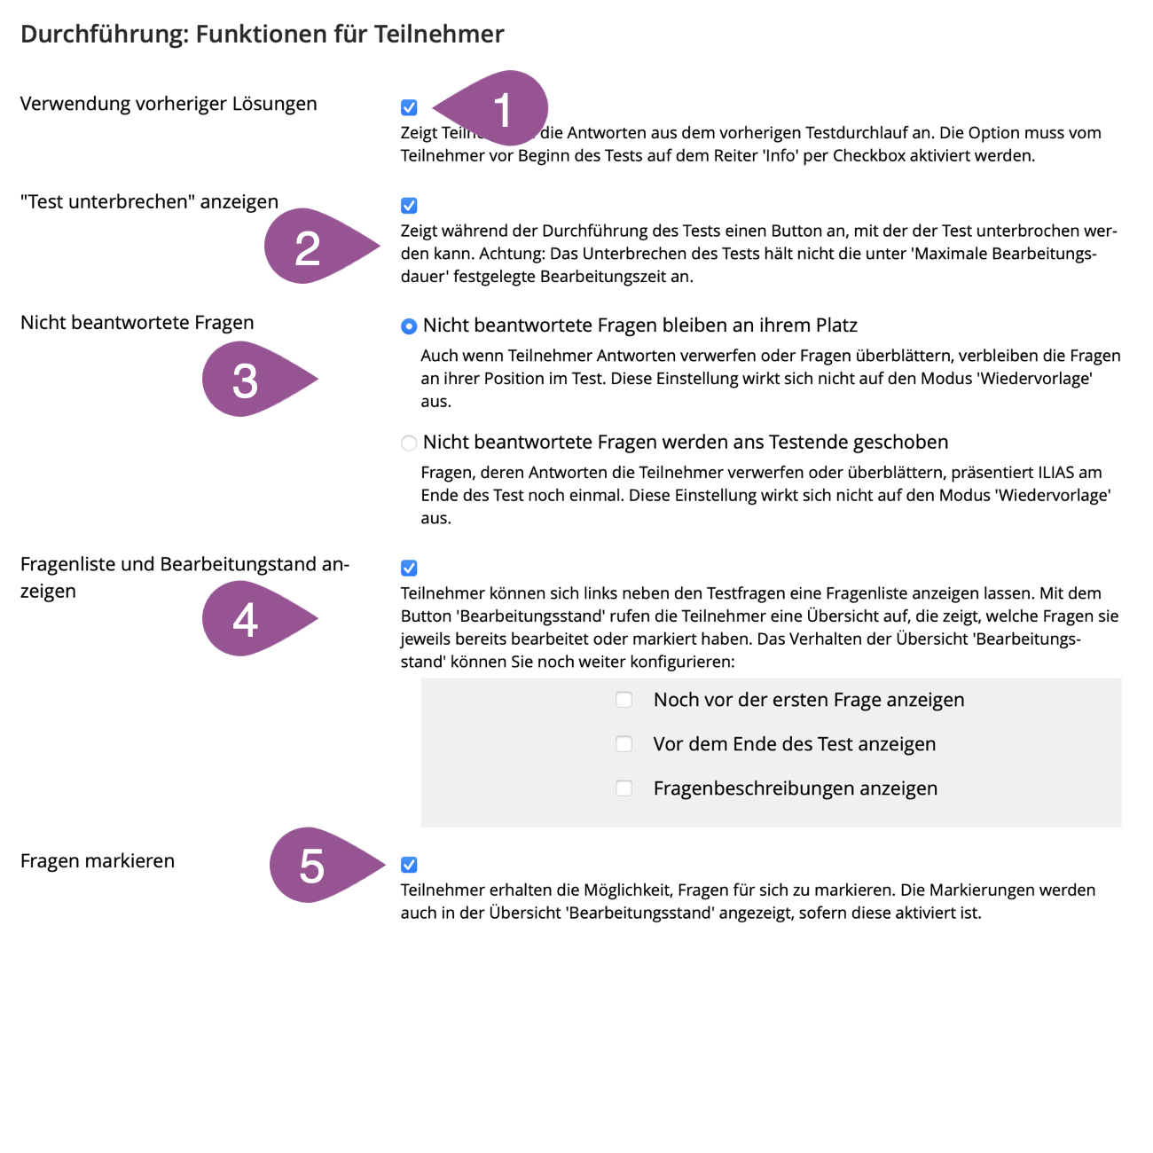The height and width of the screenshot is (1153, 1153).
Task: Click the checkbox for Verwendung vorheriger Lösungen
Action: [x=409, y=107]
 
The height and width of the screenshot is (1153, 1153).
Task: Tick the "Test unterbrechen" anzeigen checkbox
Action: [x=409, y=206]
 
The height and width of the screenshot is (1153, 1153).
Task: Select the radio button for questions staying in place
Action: [x=409, y=326]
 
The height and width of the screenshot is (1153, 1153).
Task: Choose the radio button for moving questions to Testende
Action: [x=409, y=443]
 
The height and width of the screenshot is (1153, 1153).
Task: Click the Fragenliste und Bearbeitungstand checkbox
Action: [x=409, y=568]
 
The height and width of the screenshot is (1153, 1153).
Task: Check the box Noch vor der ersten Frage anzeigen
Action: [x=624, y=700]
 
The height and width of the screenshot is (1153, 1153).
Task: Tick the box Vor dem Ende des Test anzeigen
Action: [x=624, y=744]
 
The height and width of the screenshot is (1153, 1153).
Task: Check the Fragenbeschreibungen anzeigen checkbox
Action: [x=624, y=788]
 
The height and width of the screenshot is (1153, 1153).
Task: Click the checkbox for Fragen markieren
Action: [x=409, y=865]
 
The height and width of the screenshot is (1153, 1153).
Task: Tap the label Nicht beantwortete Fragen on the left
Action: [x=137, y=323]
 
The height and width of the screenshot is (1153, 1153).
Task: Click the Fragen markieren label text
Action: [x=98, y=861]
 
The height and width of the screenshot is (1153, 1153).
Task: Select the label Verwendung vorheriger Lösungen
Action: [x=169, y=104]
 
